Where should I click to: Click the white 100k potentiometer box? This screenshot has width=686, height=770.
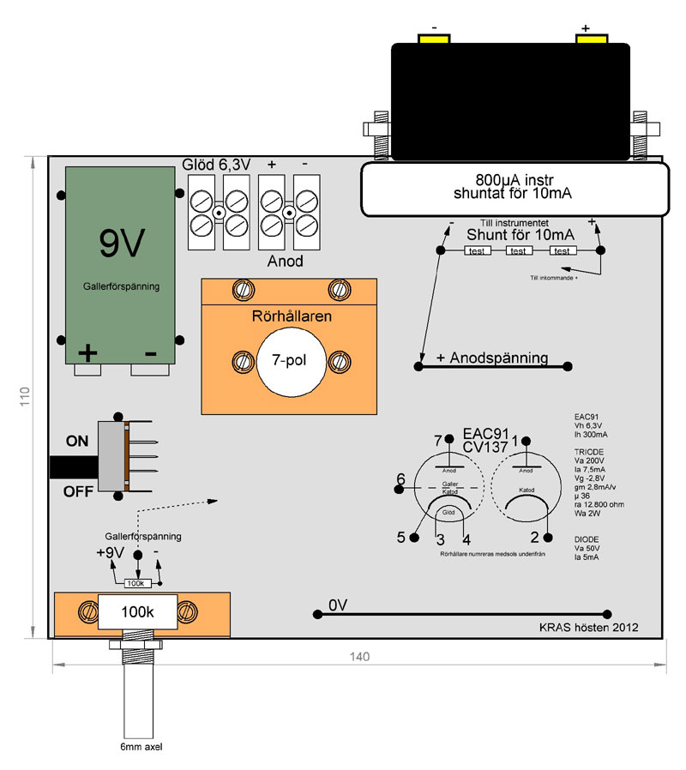coord(137,612)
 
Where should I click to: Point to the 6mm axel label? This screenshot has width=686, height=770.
coord(137,747)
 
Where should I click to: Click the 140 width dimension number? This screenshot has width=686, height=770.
coord(359,657)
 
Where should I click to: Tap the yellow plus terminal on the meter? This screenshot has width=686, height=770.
coord(591,39)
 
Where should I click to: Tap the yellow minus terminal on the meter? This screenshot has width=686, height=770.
coord(435,39)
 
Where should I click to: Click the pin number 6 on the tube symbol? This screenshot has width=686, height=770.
coord(400,478)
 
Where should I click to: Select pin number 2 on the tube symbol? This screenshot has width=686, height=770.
coord(534,538)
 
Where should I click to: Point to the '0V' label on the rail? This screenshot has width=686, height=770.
coord(338,605)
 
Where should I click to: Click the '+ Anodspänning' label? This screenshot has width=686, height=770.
coord(492,358)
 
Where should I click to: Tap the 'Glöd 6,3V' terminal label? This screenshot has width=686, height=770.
coord(215,164)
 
